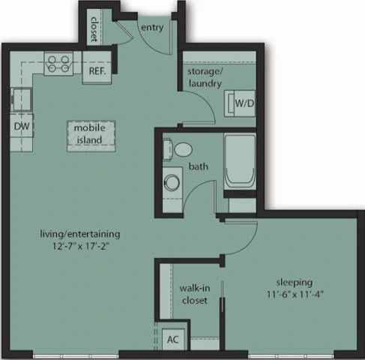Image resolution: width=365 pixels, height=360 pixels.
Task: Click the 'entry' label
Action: point(152,27)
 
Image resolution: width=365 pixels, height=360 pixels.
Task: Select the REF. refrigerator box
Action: point(96,70)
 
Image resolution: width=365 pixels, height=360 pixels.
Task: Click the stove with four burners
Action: point(58,63)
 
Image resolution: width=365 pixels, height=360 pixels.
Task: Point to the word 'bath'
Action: point(199,166)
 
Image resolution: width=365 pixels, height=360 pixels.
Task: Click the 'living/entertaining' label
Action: point(80,233)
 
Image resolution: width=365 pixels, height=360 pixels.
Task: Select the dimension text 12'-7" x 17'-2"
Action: point(80,245)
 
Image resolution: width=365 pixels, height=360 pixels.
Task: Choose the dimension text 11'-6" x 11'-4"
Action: point(292,295)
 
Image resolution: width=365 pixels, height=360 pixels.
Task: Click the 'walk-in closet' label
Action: point(193,295)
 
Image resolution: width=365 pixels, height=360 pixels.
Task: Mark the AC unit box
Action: point(173,339)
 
